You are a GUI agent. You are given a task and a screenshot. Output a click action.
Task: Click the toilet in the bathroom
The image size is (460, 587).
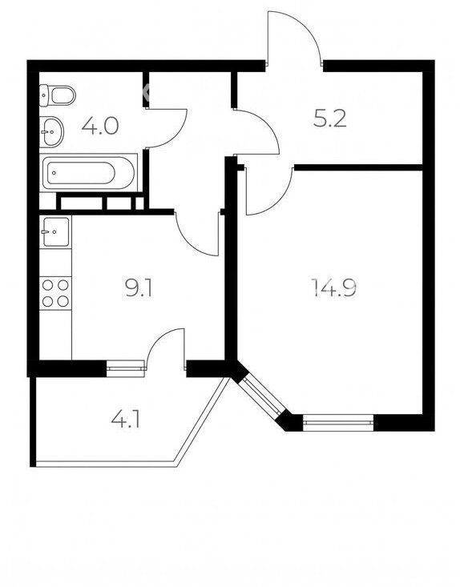tap(58, 95)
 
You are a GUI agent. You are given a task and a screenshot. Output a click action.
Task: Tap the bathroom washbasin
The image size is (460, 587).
tap(51, 131)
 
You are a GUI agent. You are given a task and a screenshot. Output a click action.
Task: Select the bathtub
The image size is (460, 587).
tap(88, 173)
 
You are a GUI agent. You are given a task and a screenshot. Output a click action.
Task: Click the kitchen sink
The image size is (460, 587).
tap(56, 231)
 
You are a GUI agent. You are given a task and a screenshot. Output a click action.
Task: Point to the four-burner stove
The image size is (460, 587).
tap(55, 293)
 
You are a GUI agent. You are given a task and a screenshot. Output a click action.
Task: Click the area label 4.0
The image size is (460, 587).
tap(100, 126)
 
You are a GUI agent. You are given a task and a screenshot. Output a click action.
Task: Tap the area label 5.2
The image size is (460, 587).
tap(329, 119)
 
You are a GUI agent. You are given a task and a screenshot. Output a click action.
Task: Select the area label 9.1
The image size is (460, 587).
tap(139, 288)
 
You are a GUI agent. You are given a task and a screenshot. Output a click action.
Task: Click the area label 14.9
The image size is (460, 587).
tap(333, 287)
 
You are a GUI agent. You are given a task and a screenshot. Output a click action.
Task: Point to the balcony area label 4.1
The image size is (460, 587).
tap(126, 420)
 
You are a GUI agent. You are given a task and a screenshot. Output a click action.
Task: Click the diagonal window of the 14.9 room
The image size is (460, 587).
tap(261, 396)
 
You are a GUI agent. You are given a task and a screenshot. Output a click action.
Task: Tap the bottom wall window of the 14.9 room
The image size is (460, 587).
tap(338, 422)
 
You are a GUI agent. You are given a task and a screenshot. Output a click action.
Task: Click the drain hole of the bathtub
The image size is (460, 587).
tap(54, 173)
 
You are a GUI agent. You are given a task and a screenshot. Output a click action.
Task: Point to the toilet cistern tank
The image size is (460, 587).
tap(44, 95)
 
